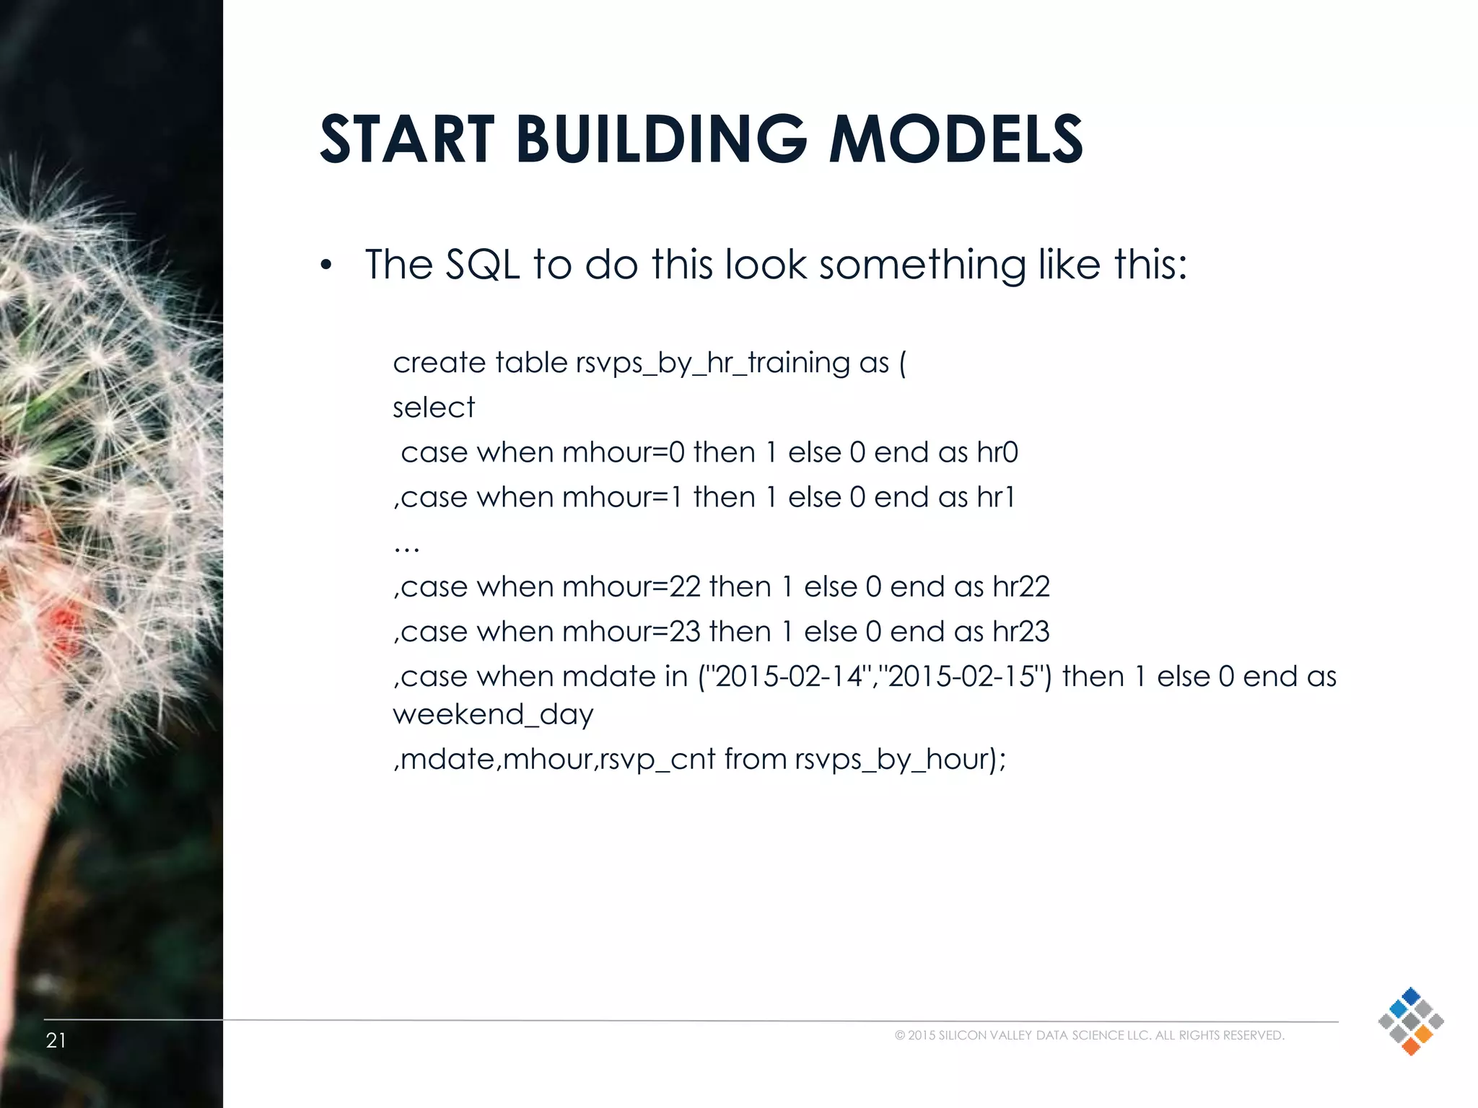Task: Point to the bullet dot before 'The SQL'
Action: [327, 266]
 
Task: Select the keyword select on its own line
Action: [434, 408]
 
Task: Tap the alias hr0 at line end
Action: [997, 452]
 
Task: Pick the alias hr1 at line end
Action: [995, 497]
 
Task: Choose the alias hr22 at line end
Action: [1020, 586]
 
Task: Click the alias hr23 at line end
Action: [1020, 631]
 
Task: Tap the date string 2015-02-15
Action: [961, 677]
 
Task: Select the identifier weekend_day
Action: [493, 715]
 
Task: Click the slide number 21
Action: [56, 1040]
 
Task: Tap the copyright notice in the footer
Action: [1089, 1035]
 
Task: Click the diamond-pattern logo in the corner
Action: [1410, 1021]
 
